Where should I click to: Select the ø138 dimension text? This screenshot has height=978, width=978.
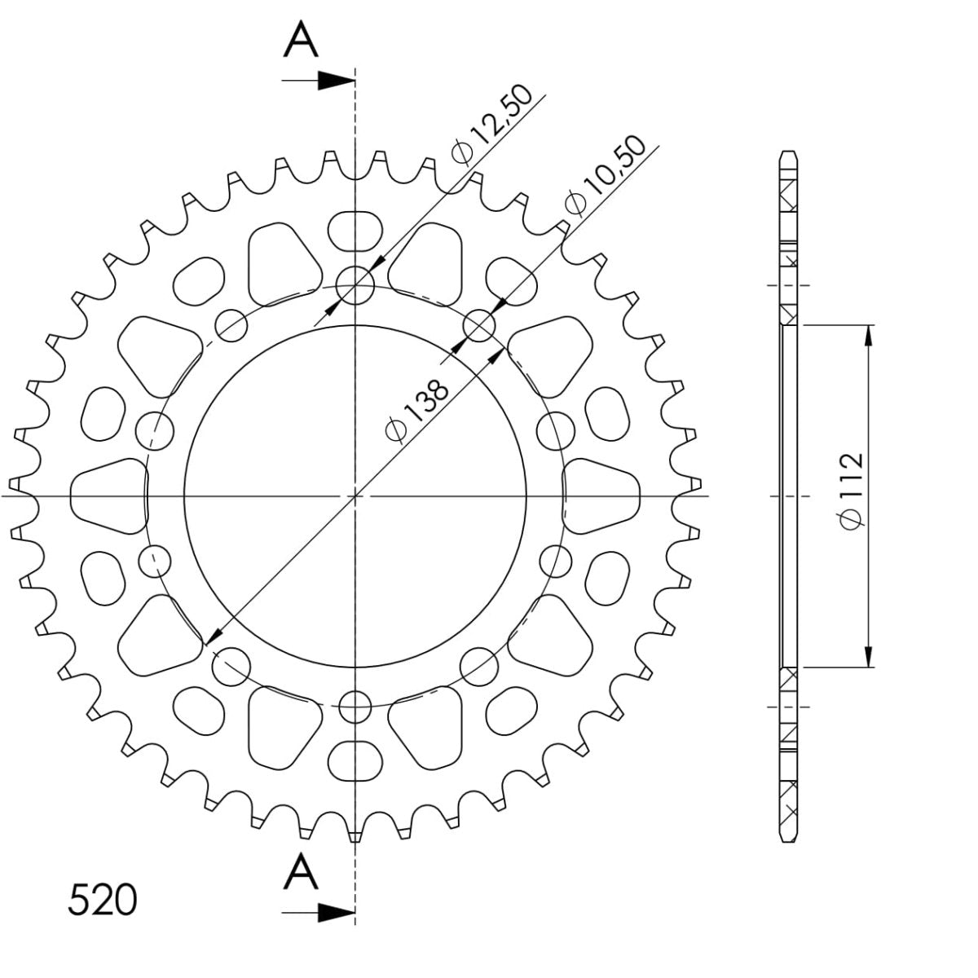coord(416,409)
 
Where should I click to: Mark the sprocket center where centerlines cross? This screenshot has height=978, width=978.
coord(355,496)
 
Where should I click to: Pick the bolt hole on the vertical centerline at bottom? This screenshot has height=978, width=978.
coord(355,706)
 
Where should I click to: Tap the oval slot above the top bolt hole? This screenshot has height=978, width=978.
coord(355,230)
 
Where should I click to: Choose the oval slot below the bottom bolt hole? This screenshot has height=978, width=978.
coord(355,760)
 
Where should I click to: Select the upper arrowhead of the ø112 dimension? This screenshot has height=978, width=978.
coord(870,334)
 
